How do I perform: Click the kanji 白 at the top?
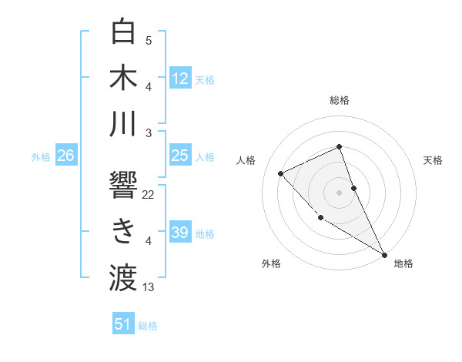(x=123, y=32)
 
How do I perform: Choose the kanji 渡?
(x=123, y=277)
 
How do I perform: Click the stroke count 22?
(x=149, y=195)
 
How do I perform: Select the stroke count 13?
(x=149, y=287)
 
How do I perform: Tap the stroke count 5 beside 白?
(x=149, y=41)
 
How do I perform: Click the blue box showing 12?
(x=179, y=79)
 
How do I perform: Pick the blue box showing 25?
(x=179, y=156)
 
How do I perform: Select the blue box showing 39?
(x=179, y=233)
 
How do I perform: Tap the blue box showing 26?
(x=65, y=156)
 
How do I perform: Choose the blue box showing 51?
(x=123, y=324)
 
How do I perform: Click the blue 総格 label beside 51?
(x=148, y=326)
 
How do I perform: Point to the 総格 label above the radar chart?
(x=339, y=100)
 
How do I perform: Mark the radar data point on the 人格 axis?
(x=281, y=173)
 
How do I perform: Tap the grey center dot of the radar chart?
(x=339, y=192)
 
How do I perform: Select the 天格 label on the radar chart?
(x=433, y=160)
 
